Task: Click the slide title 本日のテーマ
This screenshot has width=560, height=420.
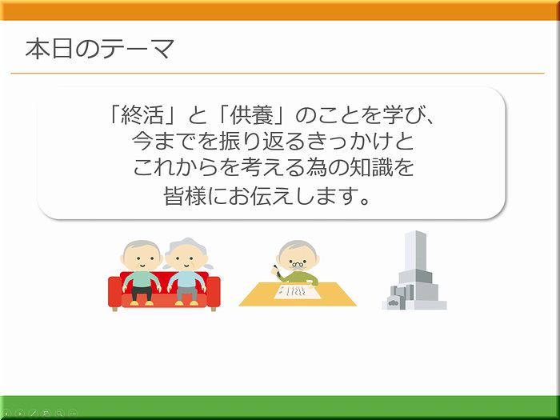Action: click(100, 49)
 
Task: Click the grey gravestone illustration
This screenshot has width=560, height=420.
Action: click(414, 270)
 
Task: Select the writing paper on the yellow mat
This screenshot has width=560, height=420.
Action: click(297, 291)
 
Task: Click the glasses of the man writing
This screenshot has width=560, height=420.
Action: click(298, 265)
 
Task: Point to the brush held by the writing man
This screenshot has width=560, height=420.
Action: click(276, 270)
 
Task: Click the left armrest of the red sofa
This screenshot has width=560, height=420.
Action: click(114, 291)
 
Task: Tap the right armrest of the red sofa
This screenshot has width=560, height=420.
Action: click(214, 291)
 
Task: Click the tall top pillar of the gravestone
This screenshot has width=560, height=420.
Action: click(415, 250)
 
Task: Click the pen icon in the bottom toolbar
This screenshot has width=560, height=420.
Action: click(34, 414)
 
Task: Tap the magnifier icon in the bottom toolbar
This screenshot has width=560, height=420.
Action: click(60, 414)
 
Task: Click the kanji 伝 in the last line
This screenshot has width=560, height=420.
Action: click(261, 196)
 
